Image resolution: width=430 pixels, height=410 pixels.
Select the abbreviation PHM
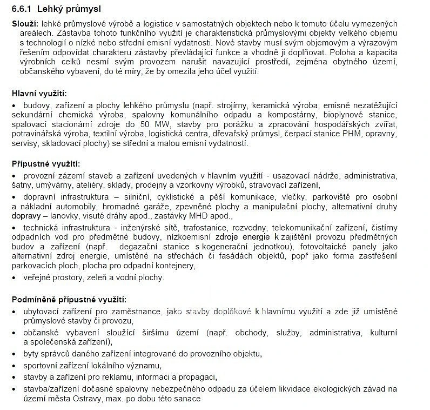click(356, 134)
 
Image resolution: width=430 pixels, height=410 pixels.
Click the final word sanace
click(188, 399)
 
